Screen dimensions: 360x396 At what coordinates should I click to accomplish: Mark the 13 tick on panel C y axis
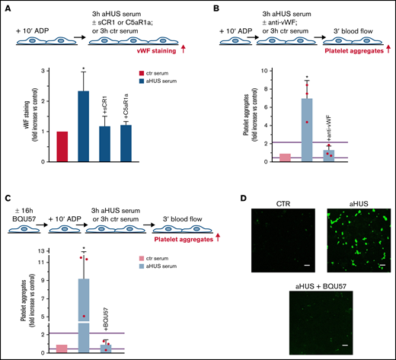point(30,248)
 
